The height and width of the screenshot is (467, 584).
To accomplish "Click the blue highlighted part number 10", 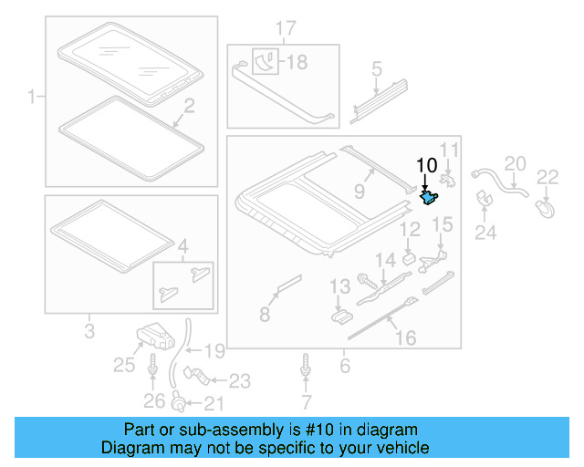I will (427, 194).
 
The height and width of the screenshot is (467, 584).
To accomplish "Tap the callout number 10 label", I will (426, 165).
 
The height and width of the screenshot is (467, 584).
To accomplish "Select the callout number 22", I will (547, 177).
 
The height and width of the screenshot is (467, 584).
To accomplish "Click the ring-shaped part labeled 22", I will (546, 210).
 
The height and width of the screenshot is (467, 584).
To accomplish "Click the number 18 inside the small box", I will (297, 62).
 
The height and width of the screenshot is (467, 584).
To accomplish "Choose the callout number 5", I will (375, 68).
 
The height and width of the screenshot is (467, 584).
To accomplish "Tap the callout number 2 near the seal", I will (188, 108).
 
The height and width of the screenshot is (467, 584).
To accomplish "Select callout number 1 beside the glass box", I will (31, 96).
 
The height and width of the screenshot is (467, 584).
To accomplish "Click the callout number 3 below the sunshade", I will (89, 330).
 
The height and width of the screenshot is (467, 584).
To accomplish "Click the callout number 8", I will (265, 315).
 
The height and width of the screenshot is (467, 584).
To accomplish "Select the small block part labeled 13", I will (341, 315).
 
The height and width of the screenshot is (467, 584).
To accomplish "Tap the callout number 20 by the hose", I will (516, 164).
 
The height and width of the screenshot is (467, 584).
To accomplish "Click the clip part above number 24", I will (485, 200).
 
